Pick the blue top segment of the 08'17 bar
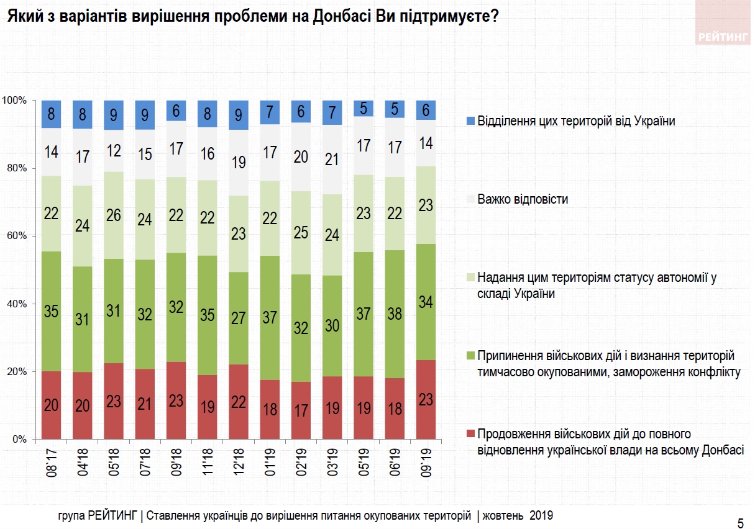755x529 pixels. tap(52, 114)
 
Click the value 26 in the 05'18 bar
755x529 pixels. tap(114, 215)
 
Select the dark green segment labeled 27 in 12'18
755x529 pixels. tap(239, 318)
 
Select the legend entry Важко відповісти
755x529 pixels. tap(523, 200)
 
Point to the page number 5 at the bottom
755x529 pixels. tap(740, 522)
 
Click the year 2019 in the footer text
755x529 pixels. tap(541, 515)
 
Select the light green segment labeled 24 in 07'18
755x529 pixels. tap(145, 219)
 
